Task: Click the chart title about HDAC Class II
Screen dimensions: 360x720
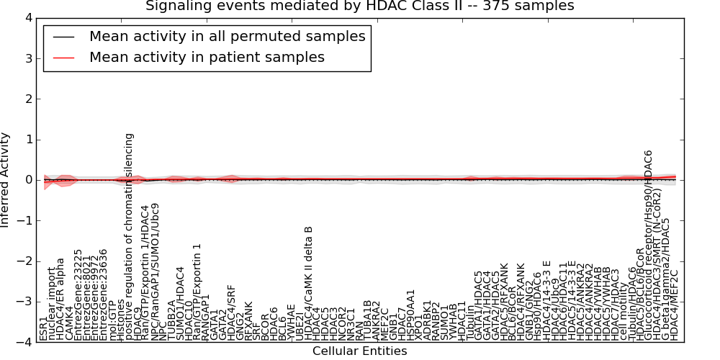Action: point(360,6)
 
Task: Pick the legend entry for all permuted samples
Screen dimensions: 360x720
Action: point(227,36)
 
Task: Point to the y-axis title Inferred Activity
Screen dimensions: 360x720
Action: point(6,180)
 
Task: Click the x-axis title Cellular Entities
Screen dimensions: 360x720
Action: point(359,351)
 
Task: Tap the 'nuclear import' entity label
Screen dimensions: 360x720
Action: point(53,303)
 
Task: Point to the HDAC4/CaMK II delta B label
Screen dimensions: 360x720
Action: point(308,284)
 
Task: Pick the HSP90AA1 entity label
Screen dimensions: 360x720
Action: point(411,315)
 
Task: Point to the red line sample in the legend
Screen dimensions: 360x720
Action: point(66,57)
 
